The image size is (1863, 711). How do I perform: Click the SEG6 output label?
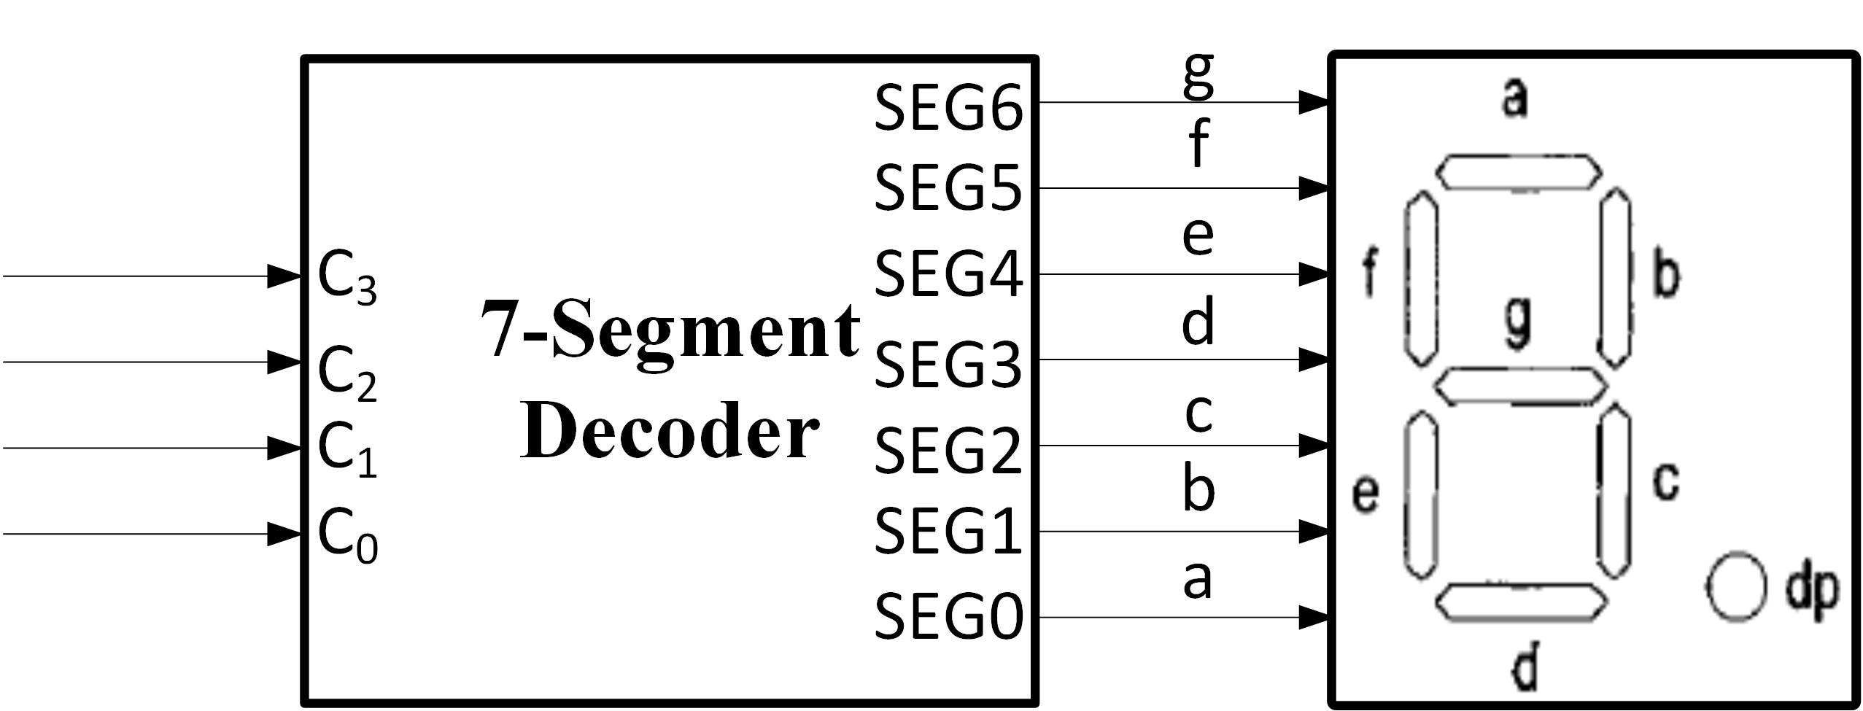click(948, 108)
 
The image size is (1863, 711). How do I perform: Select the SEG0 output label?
click(948, 617)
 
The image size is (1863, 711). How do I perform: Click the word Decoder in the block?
click(669, 433)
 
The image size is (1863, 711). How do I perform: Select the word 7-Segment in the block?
click(669, 332)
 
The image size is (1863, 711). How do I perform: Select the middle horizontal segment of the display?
click(1520, 385)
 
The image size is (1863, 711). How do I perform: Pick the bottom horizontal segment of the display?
click(1522, 602)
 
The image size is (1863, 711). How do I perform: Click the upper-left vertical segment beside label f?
click(1419, 277)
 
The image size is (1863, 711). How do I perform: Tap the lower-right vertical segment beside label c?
click(1615, 490)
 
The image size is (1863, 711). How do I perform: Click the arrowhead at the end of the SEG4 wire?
click(1313, 275)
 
